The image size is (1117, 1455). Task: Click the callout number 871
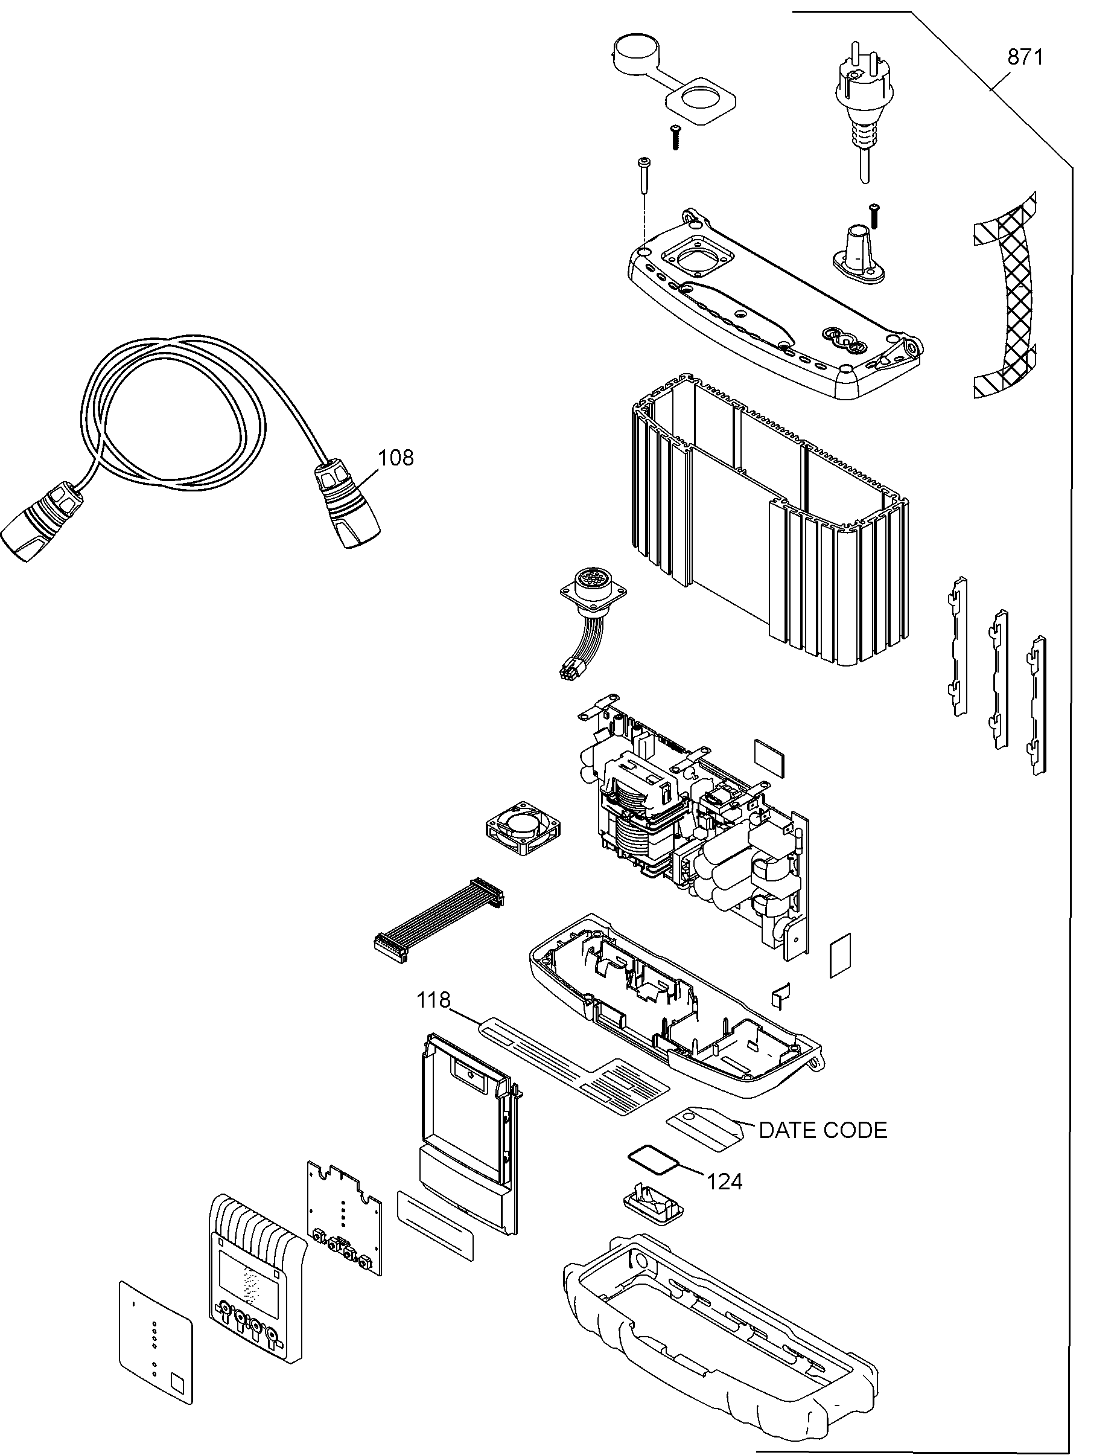[1025, 58]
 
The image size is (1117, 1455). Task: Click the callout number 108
[396, 458]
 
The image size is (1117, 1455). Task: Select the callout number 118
[433, 1000]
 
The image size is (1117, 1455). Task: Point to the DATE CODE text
[823, 1130]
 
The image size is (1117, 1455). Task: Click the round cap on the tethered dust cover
[634, 52]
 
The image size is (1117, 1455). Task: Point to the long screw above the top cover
[644, 177]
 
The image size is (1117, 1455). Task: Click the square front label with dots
[156, 1343]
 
